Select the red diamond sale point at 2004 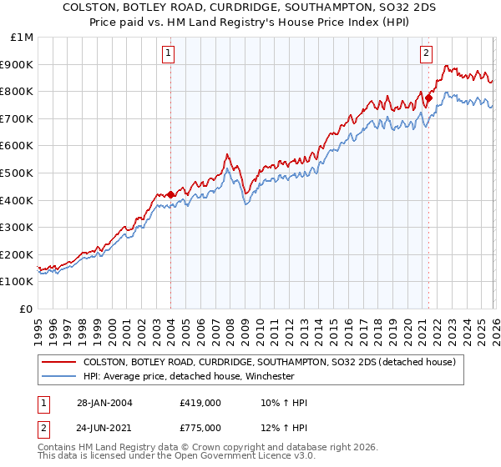point(170,194)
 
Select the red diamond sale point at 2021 point(428,98)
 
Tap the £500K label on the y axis point(18,173)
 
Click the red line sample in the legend point(58,363)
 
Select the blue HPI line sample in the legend point(58,376)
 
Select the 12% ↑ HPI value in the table point(284,427)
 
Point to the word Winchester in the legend point(269,376)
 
